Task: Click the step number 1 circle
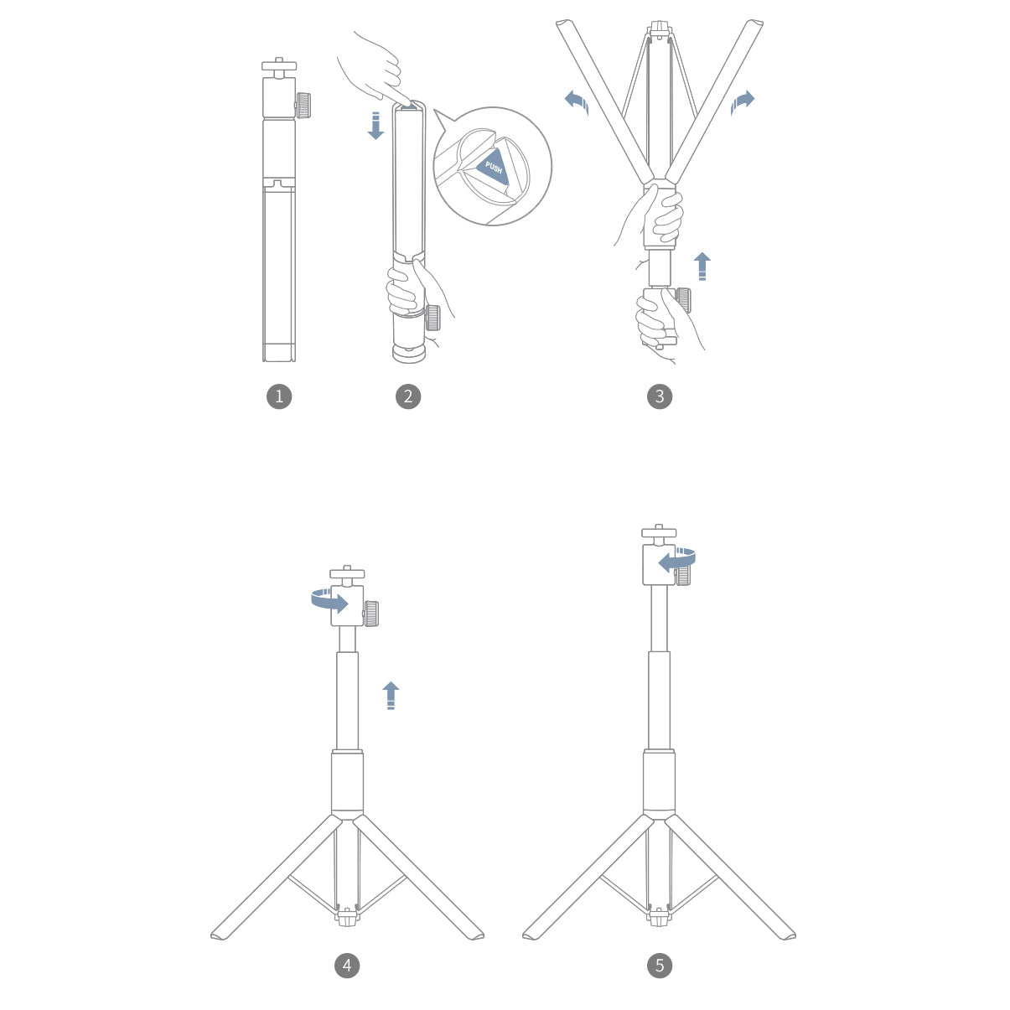[279, 396]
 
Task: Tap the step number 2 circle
[408, 396]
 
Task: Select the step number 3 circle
[660, 396]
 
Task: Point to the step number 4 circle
[347, 965]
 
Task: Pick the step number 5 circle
[660, 965]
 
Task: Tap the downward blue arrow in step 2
[376, 126]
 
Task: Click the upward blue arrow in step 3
[702, 267]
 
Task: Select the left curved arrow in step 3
[577, 101]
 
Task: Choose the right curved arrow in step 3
[742, 101]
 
